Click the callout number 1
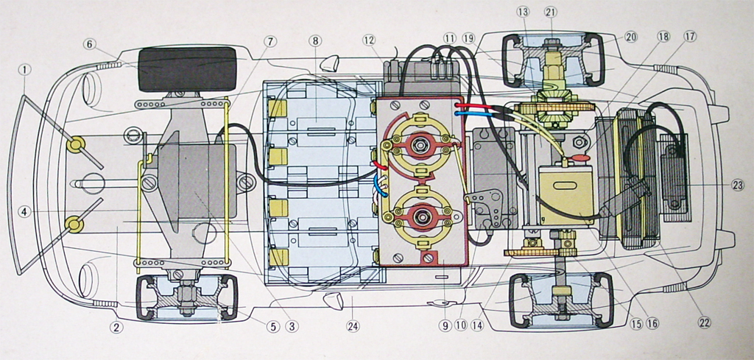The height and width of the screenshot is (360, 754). pyautogui.click(x=25, y=69)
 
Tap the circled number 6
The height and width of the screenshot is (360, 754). pyautogui.click(x=90, y=44)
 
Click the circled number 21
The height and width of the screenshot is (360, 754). pyautogui.click(x=552, y=12)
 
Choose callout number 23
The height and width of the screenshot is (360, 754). pyautogui.click(x=738, y=186)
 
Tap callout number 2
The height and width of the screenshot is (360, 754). pyautogui.click(x=116, y=328)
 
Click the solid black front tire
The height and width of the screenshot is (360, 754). pyautogui.click(x=187, y=68)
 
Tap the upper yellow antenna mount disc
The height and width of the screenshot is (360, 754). pyautogui.click(x=75, y=144)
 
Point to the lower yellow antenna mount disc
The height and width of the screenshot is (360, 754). pyautogui.click(x=73, y=223)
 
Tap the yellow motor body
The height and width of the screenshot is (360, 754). pyautogui.click(x=565, y=193)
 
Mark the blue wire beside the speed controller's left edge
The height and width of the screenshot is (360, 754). pyautogui.click(x=378, y=190)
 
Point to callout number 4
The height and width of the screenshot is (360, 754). pyautogui.click(x=25, y=212)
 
